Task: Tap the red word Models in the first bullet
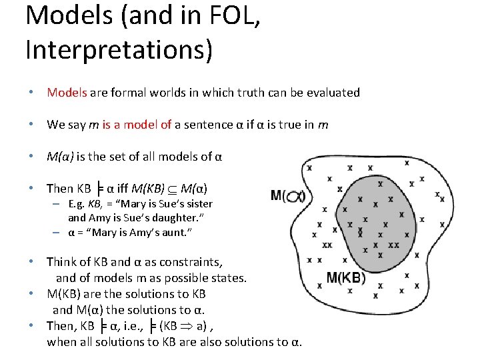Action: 67,93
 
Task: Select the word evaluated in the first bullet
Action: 333,93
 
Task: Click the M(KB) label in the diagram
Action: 346,278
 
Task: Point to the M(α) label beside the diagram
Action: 288,195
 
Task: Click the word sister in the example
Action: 196,204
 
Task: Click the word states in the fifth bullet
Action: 229,277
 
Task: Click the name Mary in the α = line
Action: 99,232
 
